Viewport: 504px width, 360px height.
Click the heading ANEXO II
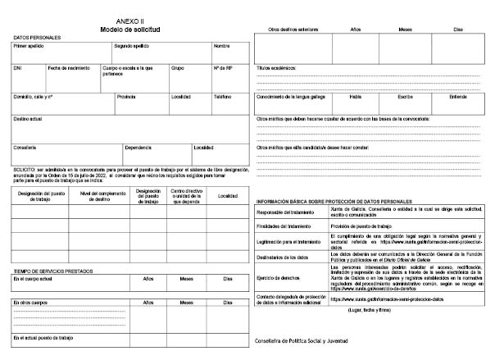(x=130, y=22)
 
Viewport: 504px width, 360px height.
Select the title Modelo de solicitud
(x=130, y=29)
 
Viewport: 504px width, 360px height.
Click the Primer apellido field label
(x=29, y=46)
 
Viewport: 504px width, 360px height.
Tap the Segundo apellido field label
(x=132, y=46)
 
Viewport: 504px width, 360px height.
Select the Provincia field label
(x=126, y=96)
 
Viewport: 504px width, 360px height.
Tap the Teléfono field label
(x=223, y=96)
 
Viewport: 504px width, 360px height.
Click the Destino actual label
(x=28, y=119)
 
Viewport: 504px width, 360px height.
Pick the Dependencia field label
(x=138, y=148)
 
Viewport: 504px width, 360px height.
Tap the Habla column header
(x=356, y=96)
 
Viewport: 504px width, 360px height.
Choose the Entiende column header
(x=457, y=96)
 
